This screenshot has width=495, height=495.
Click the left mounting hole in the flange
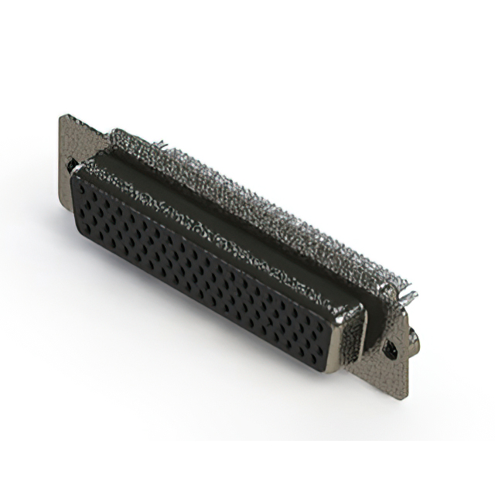(72, 165)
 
